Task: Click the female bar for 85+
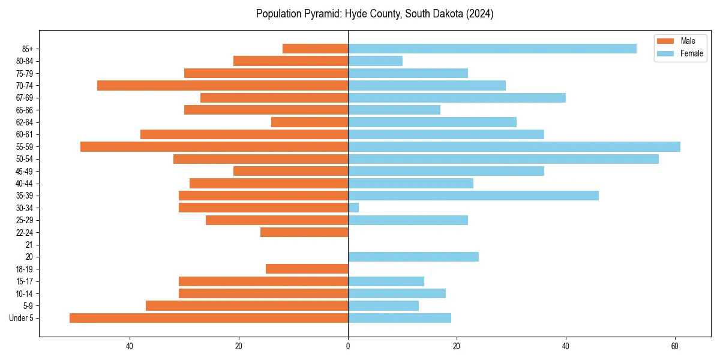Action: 492,49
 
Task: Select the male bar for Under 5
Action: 209,318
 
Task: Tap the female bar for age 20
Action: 413,257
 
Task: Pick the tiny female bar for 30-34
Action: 353,208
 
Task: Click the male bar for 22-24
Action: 304,232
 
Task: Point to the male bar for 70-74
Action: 223,85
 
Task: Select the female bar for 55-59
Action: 514,146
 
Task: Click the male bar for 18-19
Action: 307,269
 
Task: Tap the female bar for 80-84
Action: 375,61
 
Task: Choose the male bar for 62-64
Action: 310,122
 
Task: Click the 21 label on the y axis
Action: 29,245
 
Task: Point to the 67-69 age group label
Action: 25,98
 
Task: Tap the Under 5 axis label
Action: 22,318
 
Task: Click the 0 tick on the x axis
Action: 348,346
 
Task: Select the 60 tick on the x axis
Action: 675,346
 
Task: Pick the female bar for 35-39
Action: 473,196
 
